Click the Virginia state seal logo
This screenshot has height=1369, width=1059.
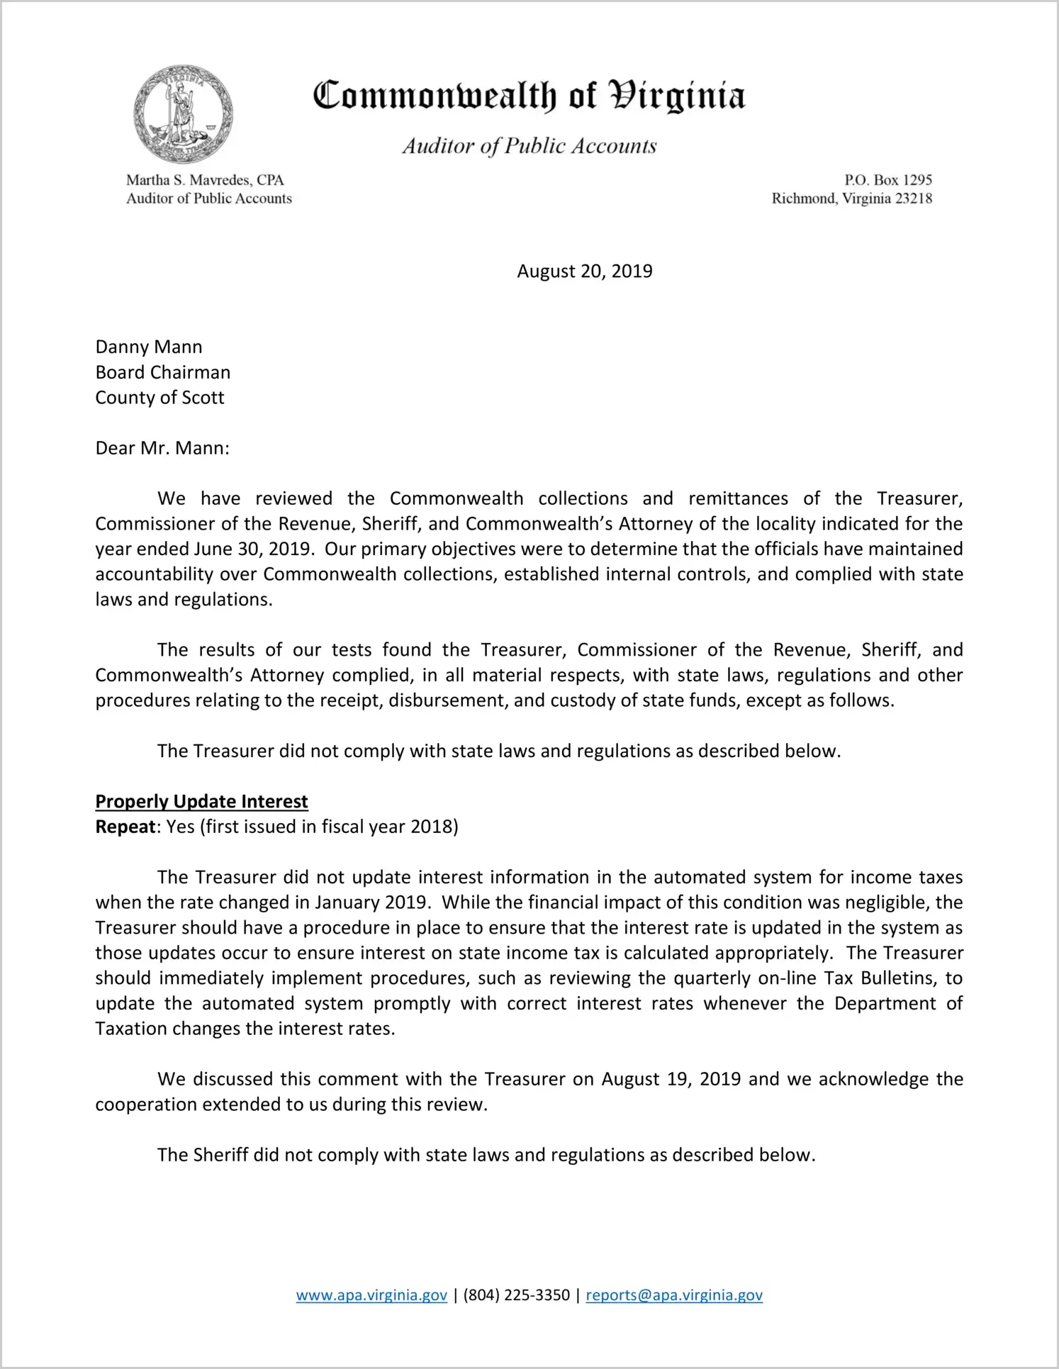(183, 114)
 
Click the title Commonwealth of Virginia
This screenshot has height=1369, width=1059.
(529, 96)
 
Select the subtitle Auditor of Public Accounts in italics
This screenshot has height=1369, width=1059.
(529, 146)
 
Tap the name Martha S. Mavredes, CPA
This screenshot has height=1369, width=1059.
(205, 180)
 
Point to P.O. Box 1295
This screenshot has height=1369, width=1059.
(887, 180)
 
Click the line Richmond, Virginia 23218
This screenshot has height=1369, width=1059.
(851, 199)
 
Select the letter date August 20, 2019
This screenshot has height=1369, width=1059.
(584, 272)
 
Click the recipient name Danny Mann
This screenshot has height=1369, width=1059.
(149, 347)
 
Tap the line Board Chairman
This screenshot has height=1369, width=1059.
(163, 373)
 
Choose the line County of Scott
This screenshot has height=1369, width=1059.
(159, 398)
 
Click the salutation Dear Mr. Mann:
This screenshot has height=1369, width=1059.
(162, 448)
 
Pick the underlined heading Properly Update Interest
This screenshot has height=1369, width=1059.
(201, 802)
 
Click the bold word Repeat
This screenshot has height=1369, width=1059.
(125, 827)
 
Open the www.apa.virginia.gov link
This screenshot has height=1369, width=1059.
(371, 1295)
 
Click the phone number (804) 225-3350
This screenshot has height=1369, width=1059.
(516, 1295)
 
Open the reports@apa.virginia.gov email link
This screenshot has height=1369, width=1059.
(673, 1295)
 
